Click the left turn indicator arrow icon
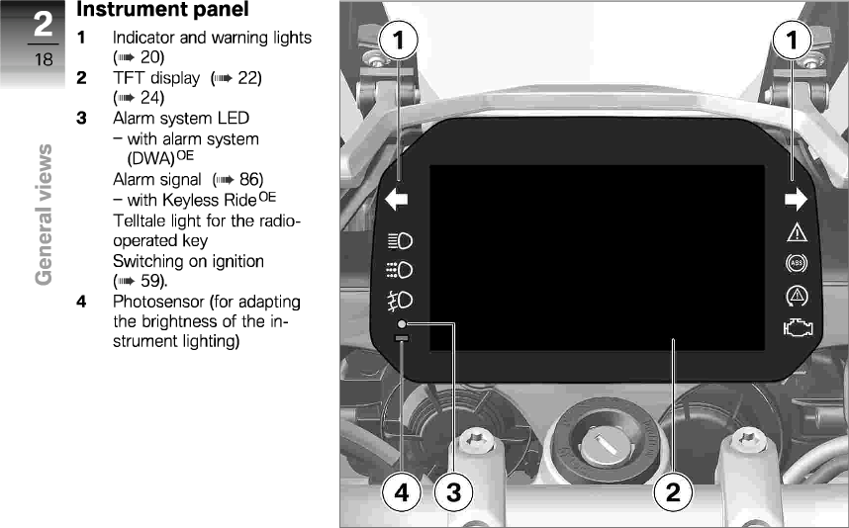(x=397, y=201)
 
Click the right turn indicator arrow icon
(x=796, y=201)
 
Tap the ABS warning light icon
(x=796, y=264)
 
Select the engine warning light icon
(x=796, y=328)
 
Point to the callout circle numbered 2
(x=673, y=491)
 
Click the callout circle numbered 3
(x=453, y=491)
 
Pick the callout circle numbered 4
(x=400, y=491)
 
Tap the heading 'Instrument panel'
(x=163, y=11)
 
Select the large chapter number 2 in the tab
(x=44, y=24)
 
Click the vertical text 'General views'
(x=44, y=214)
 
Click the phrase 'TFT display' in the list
(x=148, y=77)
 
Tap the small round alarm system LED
(x=402, y=324)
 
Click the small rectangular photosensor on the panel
(x=401, y=339)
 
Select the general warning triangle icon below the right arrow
(x=796, y=233)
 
